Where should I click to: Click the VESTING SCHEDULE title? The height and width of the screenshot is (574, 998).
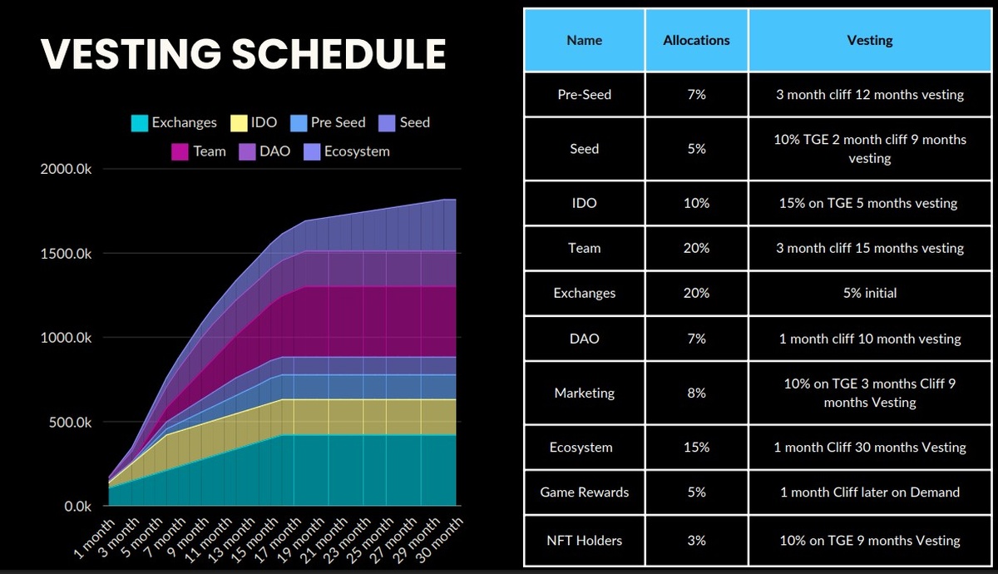[243, 54]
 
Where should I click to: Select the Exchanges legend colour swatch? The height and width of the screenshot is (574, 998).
[140, 123]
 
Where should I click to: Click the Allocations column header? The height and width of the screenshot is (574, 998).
[696, 40]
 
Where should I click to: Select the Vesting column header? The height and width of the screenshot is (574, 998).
[869, 40]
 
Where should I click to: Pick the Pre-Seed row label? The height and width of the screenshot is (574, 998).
[584, 95]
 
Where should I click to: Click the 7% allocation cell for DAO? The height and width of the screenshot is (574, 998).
[696, 339]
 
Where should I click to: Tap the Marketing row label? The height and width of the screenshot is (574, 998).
[584, 393]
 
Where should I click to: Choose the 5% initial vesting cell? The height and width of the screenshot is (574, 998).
[869, 293]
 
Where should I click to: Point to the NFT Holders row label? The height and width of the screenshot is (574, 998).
[584, 541]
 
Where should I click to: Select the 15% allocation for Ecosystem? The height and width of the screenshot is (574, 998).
[696, 448]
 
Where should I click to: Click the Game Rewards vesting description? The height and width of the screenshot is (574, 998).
[869, 492]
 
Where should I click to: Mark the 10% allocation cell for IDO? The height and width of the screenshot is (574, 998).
[696, 203]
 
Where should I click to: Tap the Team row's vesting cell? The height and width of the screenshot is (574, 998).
[869, 248]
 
